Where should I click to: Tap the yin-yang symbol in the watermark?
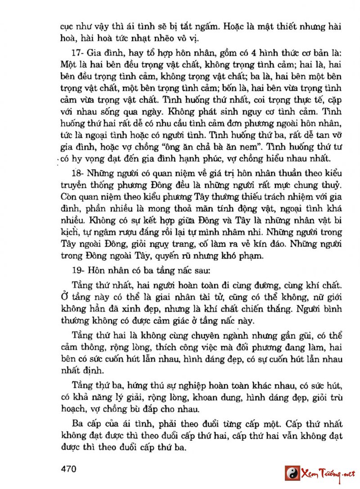292,474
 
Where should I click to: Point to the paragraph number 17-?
80,50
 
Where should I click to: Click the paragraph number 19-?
80,271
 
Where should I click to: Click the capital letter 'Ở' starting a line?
64,298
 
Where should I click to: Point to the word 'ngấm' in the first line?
207,26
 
